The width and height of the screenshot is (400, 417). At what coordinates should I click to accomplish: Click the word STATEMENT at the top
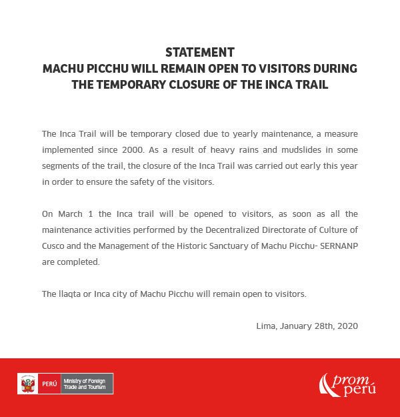click(x=200, y=52)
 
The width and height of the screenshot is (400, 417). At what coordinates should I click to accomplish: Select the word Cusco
click(x=53, y=246)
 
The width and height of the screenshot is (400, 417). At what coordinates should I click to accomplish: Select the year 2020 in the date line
click(x=347, y=326)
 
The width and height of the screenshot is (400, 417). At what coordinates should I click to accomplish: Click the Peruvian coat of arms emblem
click(x=28, y=384)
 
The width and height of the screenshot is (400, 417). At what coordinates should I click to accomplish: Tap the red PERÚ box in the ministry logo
click(x=49, y=384)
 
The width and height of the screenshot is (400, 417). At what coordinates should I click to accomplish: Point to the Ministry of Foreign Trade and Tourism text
click(x=86, y=384)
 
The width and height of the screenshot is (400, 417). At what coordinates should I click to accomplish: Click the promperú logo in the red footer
click(x=347, y=385)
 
